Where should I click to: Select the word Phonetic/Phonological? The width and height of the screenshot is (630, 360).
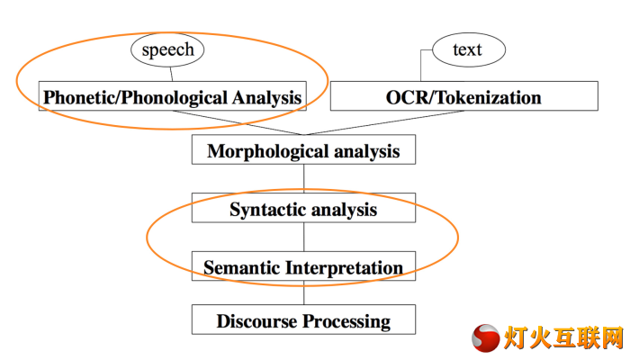(x=135, y=97)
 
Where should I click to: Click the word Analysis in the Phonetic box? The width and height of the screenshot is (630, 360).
(x=266, y=97)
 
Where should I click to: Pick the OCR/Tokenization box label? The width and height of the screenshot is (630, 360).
(x=463, y=97)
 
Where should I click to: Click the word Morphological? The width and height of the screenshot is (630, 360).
(x=268, y=151)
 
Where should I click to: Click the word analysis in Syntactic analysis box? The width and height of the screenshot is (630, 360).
(x=344, y=210)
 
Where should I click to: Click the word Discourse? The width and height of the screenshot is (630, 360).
(x=257, y=321)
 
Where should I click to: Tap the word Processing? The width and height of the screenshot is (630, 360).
(x=346, y=321)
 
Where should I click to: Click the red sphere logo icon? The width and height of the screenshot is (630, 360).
(x=486, y=338)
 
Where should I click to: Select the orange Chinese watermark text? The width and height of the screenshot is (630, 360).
(x=563, y=337)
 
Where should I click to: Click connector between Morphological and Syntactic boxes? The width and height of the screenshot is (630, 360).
(x=304, y=179)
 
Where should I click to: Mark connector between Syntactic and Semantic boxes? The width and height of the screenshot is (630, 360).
(x=304, y=237)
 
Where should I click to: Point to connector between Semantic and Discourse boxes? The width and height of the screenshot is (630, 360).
(x=304, y=292)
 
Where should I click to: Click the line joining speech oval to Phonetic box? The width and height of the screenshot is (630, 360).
(x=171, y=75)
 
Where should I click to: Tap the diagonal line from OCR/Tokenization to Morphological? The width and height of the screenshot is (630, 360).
(x=383, y=122)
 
